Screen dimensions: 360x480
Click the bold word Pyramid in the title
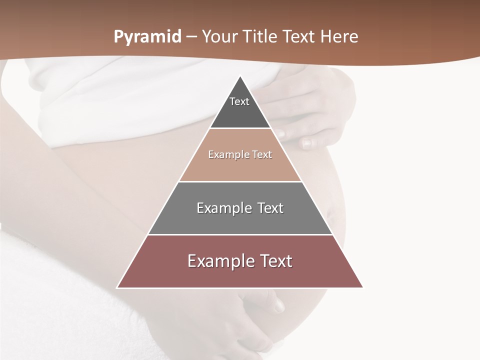(x=147, y=37)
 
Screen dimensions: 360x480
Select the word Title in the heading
(x=261, y=37)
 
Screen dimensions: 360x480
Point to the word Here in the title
(x=339, y=37)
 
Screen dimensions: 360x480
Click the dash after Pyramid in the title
(x=191, y=37)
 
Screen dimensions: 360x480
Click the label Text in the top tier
(x=239, y=101)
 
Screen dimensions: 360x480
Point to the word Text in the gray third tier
(x=270, y=208)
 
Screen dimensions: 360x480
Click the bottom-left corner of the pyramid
(x=117, y=287)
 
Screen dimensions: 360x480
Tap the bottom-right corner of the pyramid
(x=362, y=287)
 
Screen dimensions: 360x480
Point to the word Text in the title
(x=298, y=37)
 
